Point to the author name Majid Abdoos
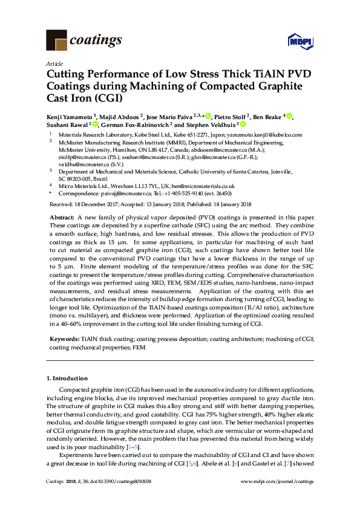coord(121,116)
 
